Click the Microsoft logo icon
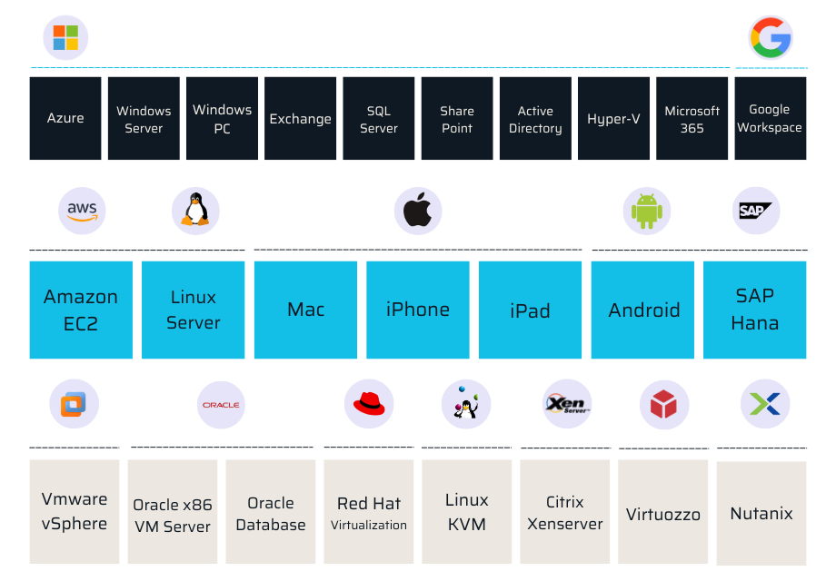65,38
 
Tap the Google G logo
771,38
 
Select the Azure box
65,118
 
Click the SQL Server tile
379,118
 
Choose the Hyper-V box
613,118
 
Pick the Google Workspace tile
770,118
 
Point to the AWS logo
82,212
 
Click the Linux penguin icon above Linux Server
194,212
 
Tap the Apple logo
418,212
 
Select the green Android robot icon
647,212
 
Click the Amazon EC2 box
81,310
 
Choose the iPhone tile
418,310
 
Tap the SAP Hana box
754,310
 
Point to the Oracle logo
221,404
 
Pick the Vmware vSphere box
75,511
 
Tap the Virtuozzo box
663,513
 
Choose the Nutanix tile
761,513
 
